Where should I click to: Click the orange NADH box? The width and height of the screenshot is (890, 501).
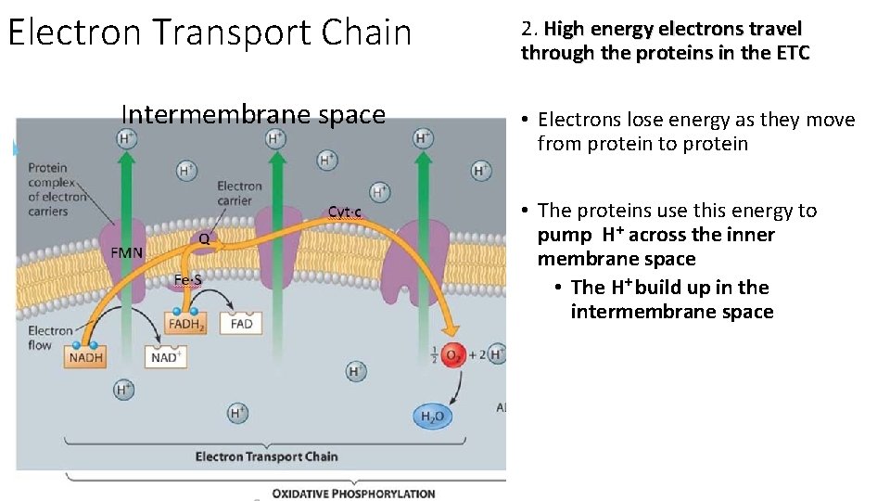86,356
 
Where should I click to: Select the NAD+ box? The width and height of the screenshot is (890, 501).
167,356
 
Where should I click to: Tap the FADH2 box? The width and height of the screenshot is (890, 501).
186,324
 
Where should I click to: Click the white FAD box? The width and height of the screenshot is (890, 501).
241,324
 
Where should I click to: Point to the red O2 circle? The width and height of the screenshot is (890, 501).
453,354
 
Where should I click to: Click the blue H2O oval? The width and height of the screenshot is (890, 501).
433,417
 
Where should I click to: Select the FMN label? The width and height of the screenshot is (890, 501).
127,253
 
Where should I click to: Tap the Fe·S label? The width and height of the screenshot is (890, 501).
188,280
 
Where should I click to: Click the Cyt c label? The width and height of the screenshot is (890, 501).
345,212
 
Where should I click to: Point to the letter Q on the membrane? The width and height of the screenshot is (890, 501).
204,239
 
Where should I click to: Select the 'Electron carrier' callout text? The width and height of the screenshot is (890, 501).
240,194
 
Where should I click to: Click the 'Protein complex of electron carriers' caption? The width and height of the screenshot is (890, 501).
57,190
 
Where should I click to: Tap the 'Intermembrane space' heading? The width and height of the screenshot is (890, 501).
253,115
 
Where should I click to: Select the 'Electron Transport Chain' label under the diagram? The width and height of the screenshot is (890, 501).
267,456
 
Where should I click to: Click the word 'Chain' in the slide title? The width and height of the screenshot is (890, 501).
368,32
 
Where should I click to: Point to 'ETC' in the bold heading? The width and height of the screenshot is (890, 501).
790,53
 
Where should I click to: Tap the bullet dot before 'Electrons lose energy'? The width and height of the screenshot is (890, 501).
525,120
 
